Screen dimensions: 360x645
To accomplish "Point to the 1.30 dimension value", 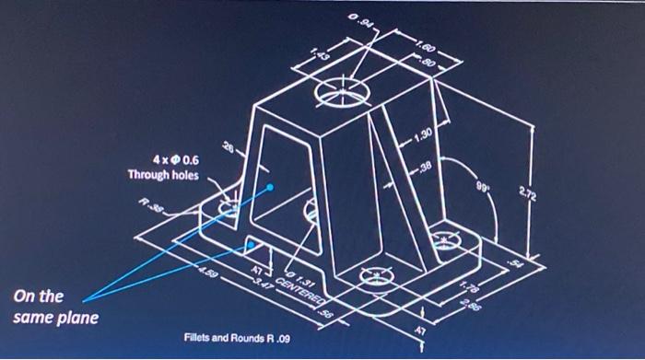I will [419, 136].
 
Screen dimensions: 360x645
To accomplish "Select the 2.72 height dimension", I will [552, 193].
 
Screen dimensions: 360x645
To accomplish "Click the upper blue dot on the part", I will [270, 189].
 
